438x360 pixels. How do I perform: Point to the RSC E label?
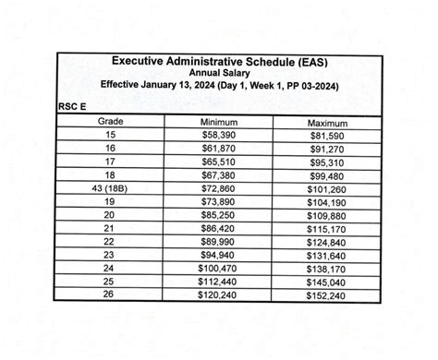pyautogui.click(x=73, y=107)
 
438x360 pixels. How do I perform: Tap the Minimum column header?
pyautogui.click(x=218, y=122)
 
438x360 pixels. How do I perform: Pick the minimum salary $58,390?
pyautogui.click(x=218, y=135)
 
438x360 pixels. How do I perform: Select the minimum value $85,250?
pyautogui.click(x=218, y=214)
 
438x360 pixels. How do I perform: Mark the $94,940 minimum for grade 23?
pyautogui.click(x=218, y=255)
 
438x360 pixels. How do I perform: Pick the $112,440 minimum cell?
pyautogui.click(x=218, y=282)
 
